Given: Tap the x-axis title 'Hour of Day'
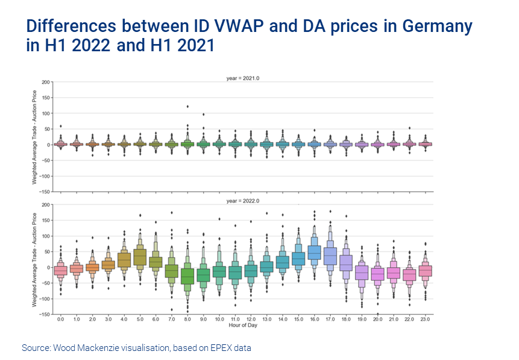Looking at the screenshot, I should [244, 325].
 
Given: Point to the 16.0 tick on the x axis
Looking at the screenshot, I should [313, 319].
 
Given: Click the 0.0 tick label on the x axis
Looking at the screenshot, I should [60, 319].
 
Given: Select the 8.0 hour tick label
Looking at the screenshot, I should [187, 319].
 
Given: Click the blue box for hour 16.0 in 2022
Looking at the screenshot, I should [313, 253].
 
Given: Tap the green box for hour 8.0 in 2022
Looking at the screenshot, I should [187, 276].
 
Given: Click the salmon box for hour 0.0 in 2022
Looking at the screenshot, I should [60, 270].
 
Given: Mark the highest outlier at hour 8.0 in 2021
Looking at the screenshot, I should [187, 107].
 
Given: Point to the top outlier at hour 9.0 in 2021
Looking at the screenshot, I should [203, 114].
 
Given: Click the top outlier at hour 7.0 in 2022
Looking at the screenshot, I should [171, 212].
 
